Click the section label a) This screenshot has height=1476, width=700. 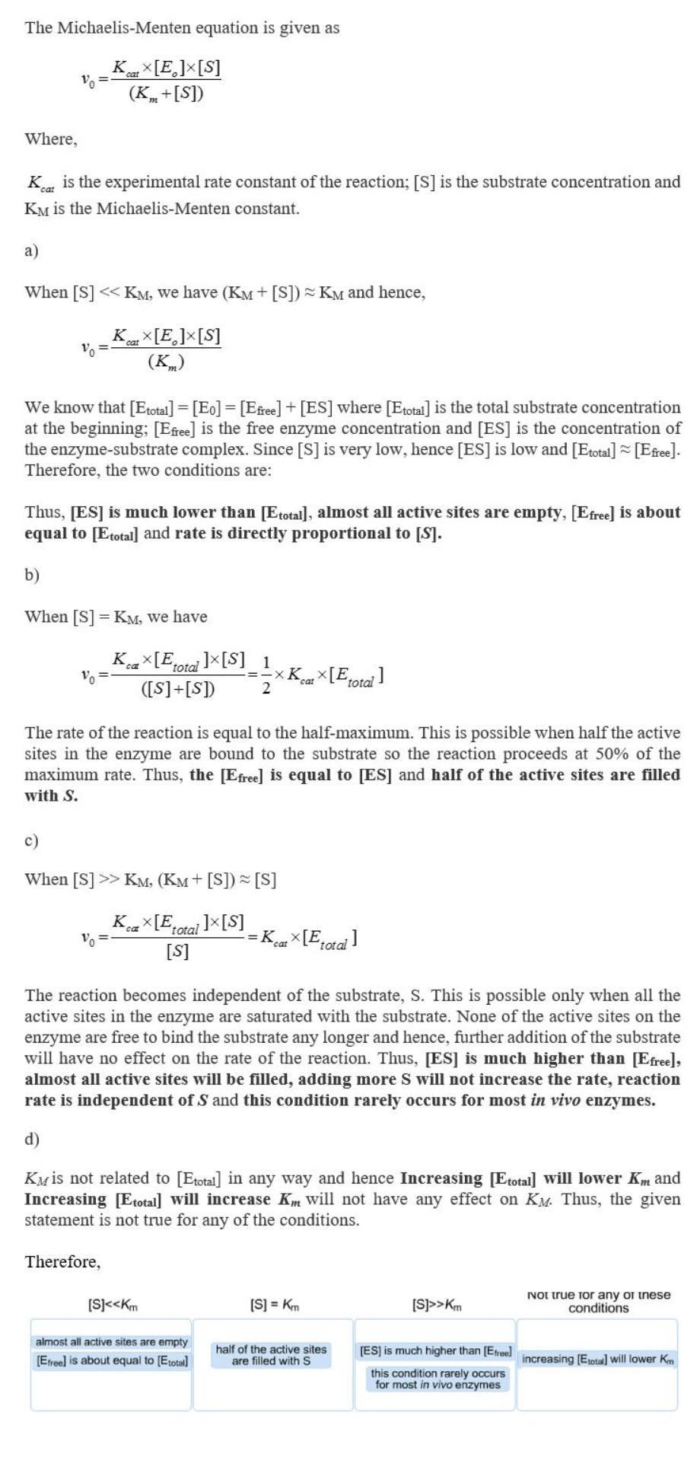(31, 250)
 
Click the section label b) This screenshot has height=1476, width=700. (31, 575)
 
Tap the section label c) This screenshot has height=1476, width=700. (31, 840)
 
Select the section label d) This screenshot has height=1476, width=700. (31, 1139)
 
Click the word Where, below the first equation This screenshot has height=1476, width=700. (51, 139)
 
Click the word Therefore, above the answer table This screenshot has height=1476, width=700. (62, 1262)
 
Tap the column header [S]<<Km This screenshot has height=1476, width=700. (113, 1305)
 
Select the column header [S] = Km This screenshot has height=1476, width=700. (275, 1305)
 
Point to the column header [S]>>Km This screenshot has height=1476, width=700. (437, 1305)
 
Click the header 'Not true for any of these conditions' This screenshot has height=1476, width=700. (598, 1301)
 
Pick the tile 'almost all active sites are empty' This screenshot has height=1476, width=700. (112, 1341)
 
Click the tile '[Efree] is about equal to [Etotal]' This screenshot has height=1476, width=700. (112, 1360)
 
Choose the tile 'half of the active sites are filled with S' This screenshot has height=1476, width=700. (271, 1355)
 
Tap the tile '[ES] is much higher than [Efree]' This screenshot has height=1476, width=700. (436, 1350)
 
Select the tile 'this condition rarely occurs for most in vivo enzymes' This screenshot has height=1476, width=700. (437, 1379)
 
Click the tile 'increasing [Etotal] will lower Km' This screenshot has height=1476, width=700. (598, 1359)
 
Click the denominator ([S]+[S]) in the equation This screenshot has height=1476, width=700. (178, 690)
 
